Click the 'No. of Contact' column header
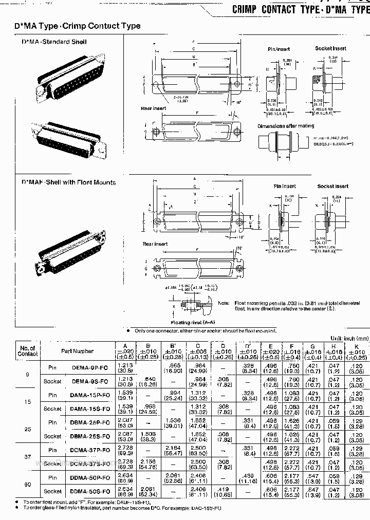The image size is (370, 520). pos(28,351)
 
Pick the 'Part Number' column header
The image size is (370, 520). pos(78,351)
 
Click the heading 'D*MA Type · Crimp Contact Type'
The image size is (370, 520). pos(81,26)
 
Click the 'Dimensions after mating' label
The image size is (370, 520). pos(286,126)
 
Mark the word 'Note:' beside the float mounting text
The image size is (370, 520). pos(224,303)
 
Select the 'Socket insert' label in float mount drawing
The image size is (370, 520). pos(332,187)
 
